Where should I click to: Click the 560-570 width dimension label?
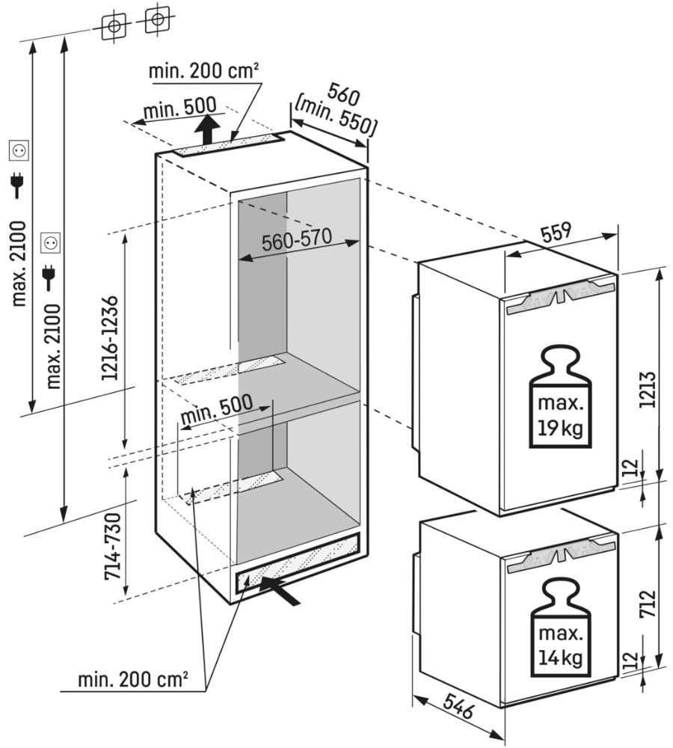point(297,242)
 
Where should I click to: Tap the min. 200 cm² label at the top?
point(203,71)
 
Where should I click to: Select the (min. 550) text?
point(335,117)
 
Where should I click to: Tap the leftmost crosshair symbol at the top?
point(112,25)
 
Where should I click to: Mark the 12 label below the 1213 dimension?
point(630,468)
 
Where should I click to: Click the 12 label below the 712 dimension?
point(630,660)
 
